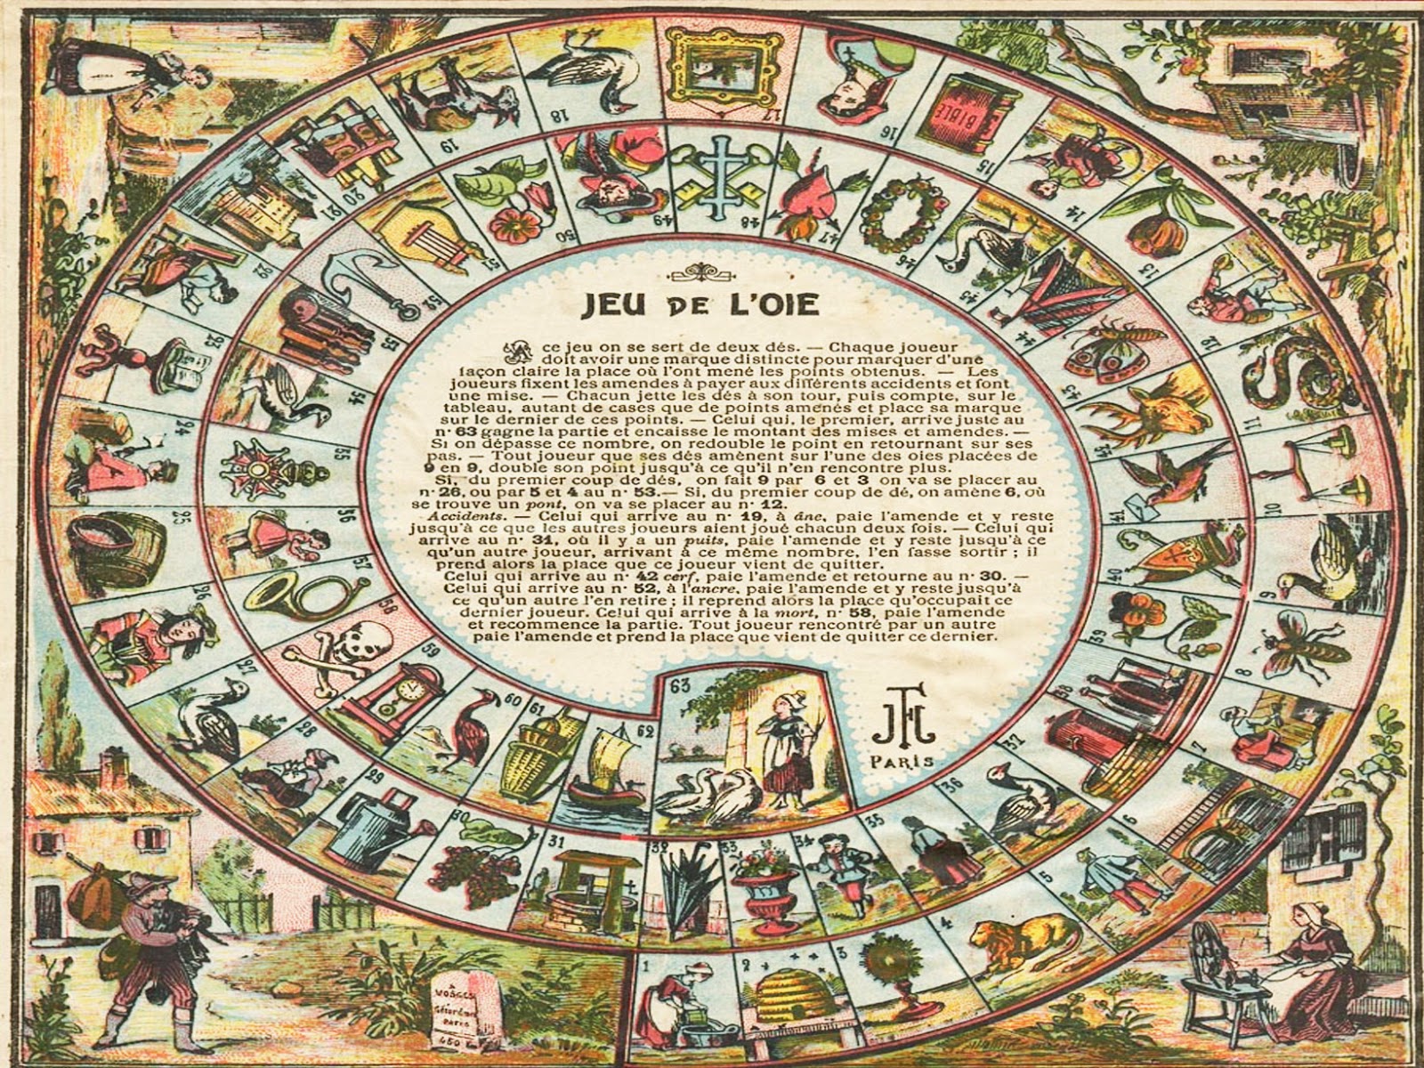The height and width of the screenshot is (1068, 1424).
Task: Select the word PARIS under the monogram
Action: tap(903, 761)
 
